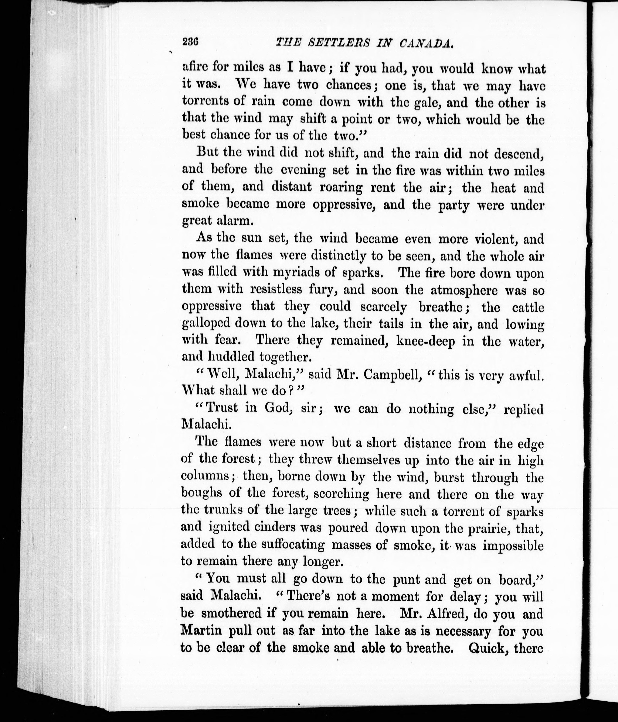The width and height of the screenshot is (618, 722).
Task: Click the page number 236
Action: tap(190, 42)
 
